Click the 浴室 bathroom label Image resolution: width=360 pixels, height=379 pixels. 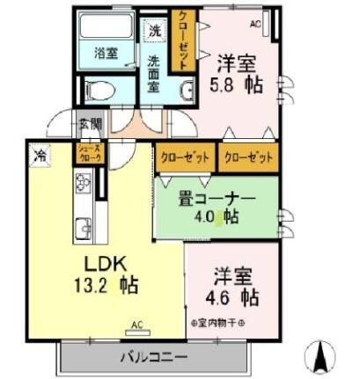coord(107,52)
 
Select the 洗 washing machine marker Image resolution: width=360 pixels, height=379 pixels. coord(156,31)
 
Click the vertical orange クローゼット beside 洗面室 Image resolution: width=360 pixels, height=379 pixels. coord(184,39)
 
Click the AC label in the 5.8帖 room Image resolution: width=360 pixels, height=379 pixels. coord(256,24)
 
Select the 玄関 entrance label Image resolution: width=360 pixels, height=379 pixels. coord(90,123)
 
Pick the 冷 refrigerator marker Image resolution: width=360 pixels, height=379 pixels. coord(40,156)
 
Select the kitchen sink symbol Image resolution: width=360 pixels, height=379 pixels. coord(83,224)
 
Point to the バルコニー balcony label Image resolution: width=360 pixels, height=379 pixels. coord(154,357)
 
